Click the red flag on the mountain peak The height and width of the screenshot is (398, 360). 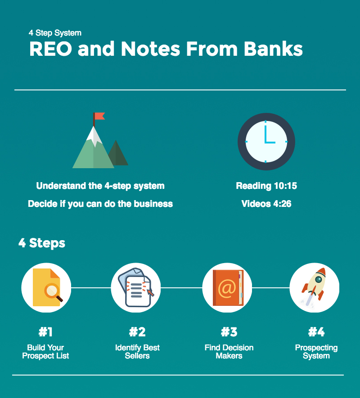click(x=99, y=116)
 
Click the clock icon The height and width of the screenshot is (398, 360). click(x=266, y=141)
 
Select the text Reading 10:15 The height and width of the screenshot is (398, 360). click(x=266, y=186)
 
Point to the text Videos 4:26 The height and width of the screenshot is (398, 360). click(x=266, y=204)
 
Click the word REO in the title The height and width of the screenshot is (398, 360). click(x=51, y=49)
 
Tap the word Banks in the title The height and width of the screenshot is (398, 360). click(x=273, y=49)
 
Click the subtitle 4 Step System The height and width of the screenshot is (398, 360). click(x=55, y=33)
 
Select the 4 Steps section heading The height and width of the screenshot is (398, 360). click(x=42, y=243)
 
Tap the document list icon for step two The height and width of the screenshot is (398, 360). click(x=136, y=287)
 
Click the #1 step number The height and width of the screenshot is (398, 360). click(x=46, y=332)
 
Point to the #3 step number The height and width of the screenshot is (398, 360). click(x=229, y=332)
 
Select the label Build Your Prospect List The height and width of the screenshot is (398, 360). click(x=45, y=352)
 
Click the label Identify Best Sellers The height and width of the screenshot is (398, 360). click(x=137, y=352)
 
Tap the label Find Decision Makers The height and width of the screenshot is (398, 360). click(x=229, y=352)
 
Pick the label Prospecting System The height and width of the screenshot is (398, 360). click(x=316, y=352)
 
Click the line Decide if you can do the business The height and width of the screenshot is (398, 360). click(x=100, y=204)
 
